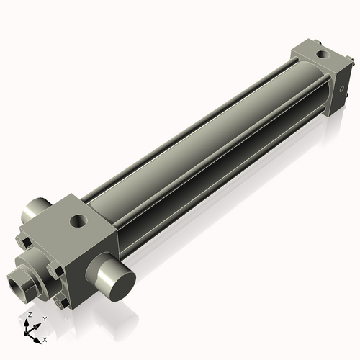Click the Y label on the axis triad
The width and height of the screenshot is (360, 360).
point(45,318)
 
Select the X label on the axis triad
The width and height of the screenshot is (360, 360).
point(45,338)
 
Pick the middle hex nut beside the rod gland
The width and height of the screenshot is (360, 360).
point(55,271)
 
